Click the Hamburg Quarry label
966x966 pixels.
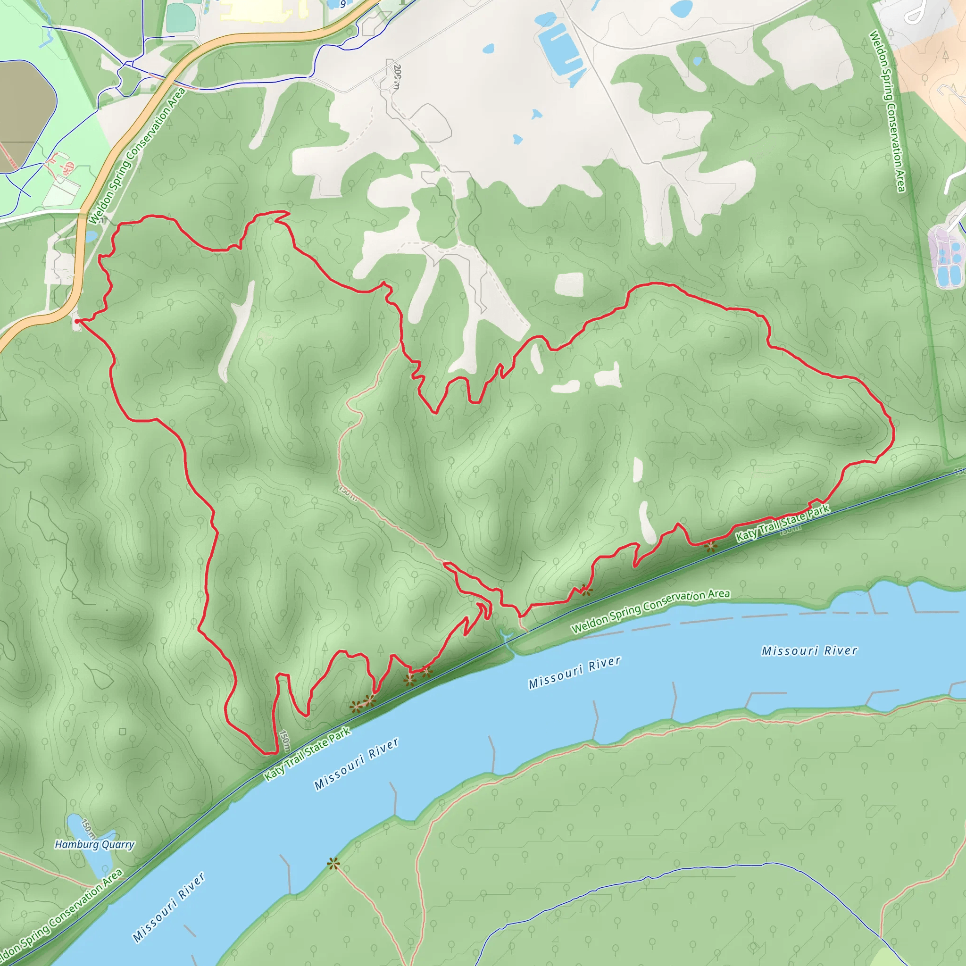[94, 844]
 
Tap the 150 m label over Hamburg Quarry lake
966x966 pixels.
[88, 828]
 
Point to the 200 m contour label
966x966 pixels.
[397, 76]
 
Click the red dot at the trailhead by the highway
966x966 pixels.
[76, 322]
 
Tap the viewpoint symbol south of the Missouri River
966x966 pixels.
[333, 864]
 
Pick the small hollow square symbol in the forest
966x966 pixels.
[123, 732]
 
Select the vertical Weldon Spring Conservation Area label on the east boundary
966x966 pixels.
[886, 111]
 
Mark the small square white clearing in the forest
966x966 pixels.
[569, 284]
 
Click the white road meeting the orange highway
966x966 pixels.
[40, 214]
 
